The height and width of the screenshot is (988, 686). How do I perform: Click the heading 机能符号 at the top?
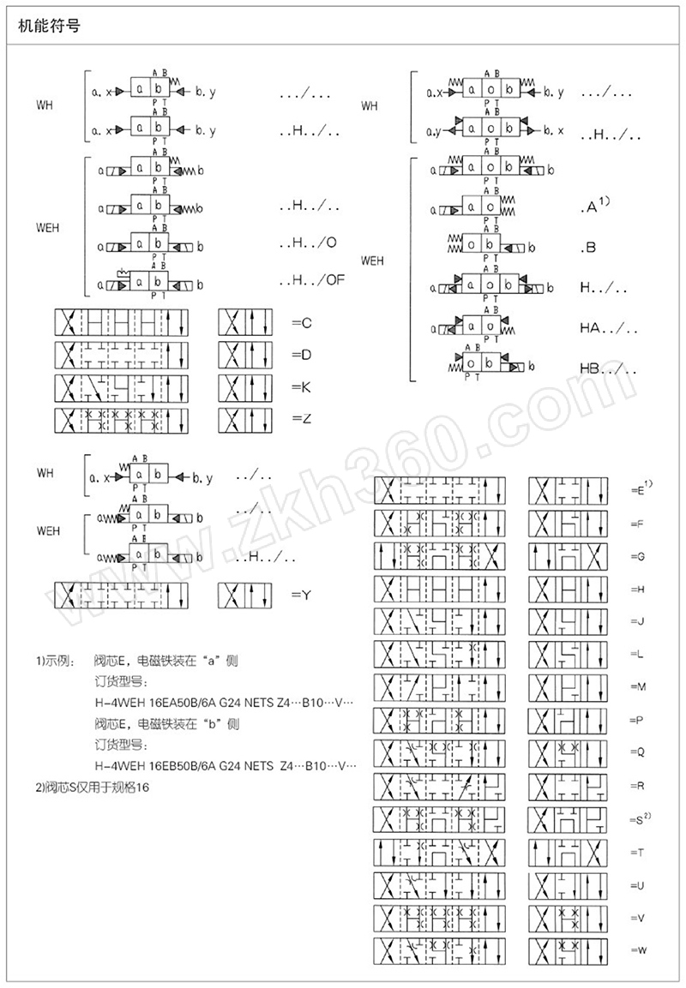49,27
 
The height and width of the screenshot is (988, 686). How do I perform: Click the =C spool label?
301,322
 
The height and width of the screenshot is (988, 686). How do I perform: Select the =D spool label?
301,355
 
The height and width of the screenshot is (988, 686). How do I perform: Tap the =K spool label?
301,387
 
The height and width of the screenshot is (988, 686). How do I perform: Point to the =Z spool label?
301,420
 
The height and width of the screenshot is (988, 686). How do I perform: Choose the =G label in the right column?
637,556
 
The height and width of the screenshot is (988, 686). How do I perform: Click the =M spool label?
637,687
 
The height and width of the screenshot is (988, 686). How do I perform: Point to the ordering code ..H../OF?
311,279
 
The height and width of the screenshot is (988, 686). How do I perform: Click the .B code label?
588,248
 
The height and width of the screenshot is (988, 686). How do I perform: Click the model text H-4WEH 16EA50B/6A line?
223,702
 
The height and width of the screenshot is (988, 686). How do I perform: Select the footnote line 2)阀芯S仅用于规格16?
90,787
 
